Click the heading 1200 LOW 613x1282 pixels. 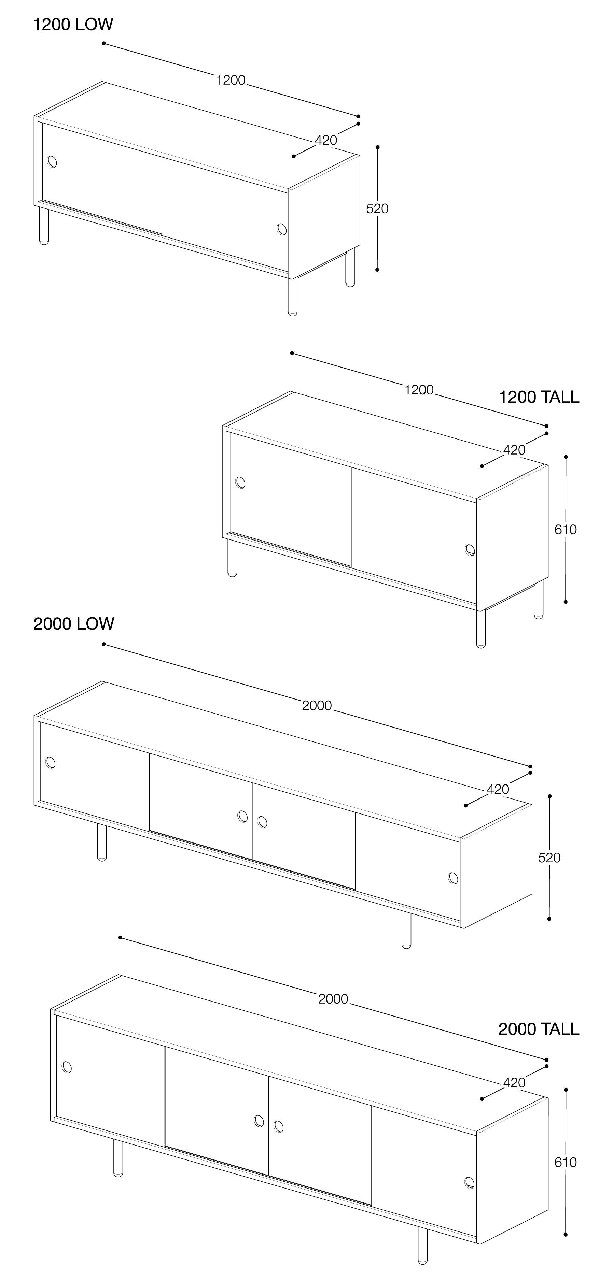click(73, 24)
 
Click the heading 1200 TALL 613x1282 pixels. click(539, 397)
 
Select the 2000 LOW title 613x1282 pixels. click(74, 623)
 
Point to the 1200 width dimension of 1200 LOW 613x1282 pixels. click(231, 80)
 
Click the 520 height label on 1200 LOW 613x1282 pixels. click(377, 208)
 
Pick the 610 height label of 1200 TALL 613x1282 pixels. click(566, 530)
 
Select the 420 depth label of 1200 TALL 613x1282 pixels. click(514, 450)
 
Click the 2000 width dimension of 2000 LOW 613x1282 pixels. click(317, 706)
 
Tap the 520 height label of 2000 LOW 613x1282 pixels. click(549, 858)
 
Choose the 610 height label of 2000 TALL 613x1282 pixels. click(566, 1162)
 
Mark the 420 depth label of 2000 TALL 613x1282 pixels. click(514, 1082)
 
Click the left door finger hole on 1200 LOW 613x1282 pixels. click(52, 162)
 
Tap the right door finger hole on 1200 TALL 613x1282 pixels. click(470, 550)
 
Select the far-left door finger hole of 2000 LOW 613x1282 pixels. click(50, 762)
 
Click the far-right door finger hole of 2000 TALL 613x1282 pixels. click(469, 1182)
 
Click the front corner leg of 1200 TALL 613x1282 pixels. click(480, 629)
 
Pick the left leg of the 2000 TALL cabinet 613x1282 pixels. click(118, 1158)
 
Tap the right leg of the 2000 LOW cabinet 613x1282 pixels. click(406, 930)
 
